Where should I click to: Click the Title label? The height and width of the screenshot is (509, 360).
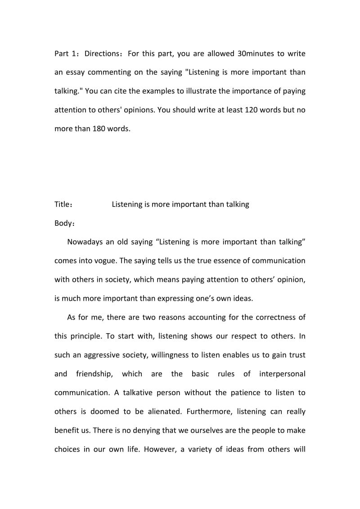click(x=63, y=205)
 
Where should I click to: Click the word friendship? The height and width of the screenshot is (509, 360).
click(x=109, y=374)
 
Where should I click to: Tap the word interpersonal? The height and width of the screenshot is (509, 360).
click(x=282, y=374)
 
